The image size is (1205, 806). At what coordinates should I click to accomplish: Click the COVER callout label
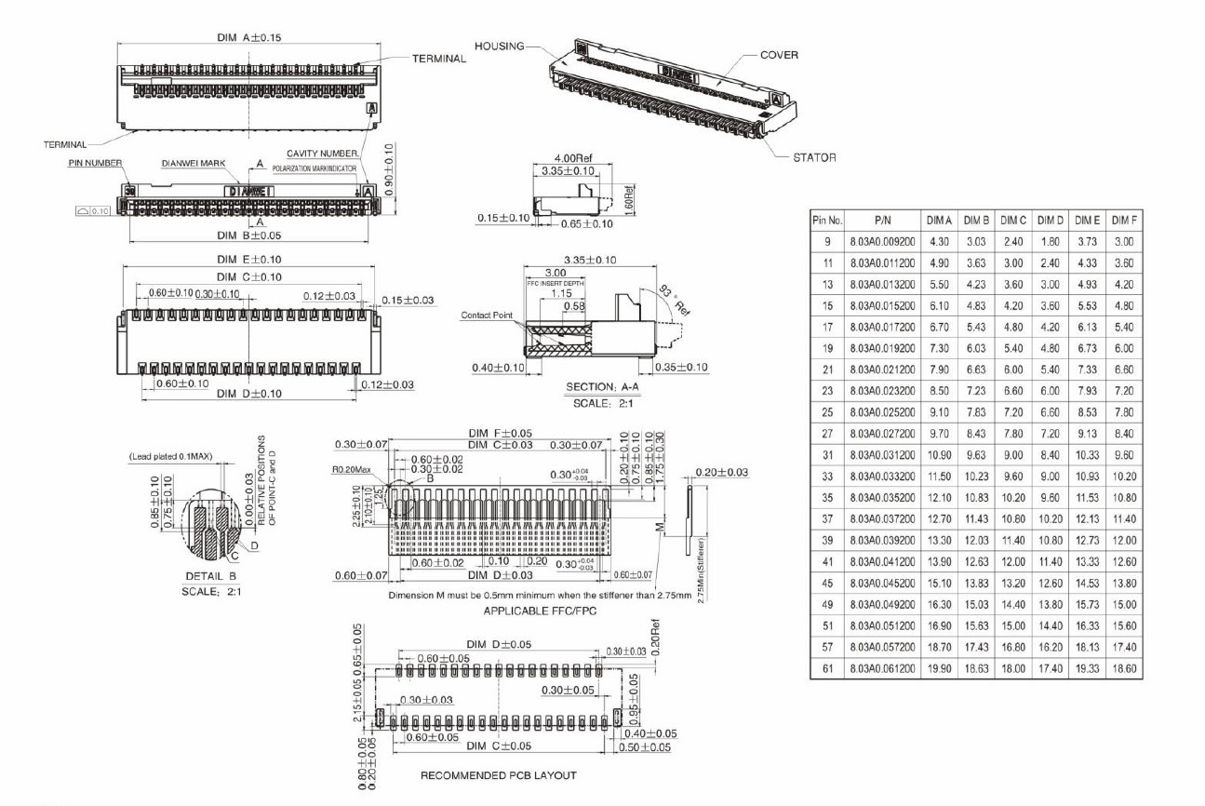[x=779, y=55]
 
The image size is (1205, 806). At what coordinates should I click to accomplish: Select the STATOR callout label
[x=814, y=157]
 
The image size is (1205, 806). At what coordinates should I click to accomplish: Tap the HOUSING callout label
[x=500, y=46]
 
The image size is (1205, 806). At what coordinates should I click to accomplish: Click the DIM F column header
[x=1124, y=221]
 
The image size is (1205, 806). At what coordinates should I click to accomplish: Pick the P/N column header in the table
[x=882, y=221]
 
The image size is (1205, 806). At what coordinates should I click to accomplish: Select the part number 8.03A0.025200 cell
[x=882, y=412]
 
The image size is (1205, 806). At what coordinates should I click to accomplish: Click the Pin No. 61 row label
[x=827, y=668]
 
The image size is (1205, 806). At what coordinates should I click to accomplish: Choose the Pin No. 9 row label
[x=827, y=242]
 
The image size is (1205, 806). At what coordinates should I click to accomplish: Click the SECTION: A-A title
[x=603, y=386]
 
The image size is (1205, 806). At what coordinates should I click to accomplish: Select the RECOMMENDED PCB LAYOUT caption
[x=498, y=775]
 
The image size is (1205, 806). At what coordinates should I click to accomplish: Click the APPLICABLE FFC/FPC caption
[x=527, y=611]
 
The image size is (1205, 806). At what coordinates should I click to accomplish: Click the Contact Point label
[x=488, y=316]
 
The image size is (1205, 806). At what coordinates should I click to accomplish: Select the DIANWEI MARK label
[x=194, y=163]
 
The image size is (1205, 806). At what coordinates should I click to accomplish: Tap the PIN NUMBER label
[x=95, y=163]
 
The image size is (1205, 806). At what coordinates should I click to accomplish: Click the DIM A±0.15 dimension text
[x=248, y=37]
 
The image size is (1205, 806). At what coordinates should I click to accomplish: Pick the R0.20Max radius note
[x=354, y=471]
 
